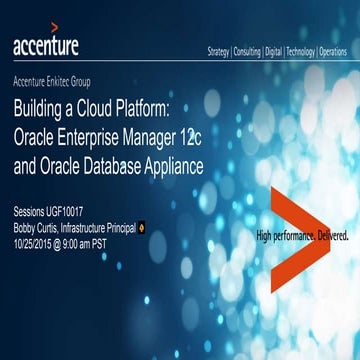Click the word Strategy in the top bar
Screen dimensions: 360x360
[219, 50]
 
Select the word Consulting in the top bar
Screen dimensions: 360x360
[251, 50]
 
